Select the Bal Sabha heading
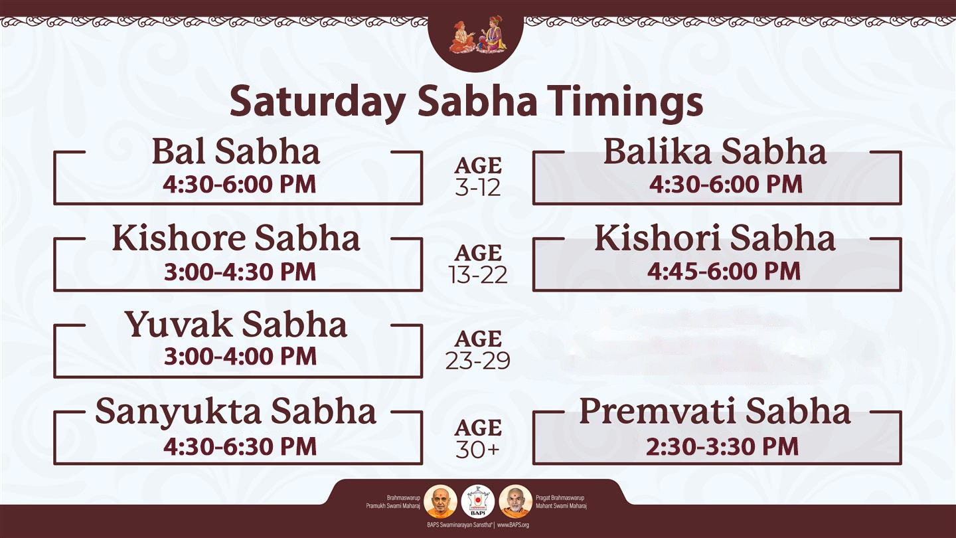click(x=236, y=151)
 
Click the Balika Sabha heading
click(x=715, y=151)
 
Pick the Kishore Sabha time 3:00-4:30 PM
click(x=240, y=272)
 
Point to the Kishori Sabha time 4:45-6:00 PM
click(x=724, y=271)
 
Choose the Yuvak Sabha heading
click(x=236, y=325)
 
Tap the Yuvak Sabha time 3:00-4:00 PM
click(x=240, y=356)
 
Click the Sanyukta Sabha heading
click(x=236, y=412)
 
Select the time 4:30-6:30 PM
click(x=240, y=446)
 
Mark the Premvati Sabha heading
click(x=715, y=411)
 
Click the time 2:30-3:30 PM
click(x=722, y=446)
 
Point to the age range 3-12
click(x=477, y=188)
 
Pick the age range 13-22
click(x=478, y=275)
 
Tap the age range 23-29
click(x=478, y=361)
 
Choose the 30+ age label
click(x=477, y=449)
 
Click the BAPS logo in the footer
click(x=478, y=501)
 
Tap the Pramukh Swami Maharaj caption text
click(x=393, y=506)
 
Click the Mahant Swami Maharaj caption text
click(x=561, y=506)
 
